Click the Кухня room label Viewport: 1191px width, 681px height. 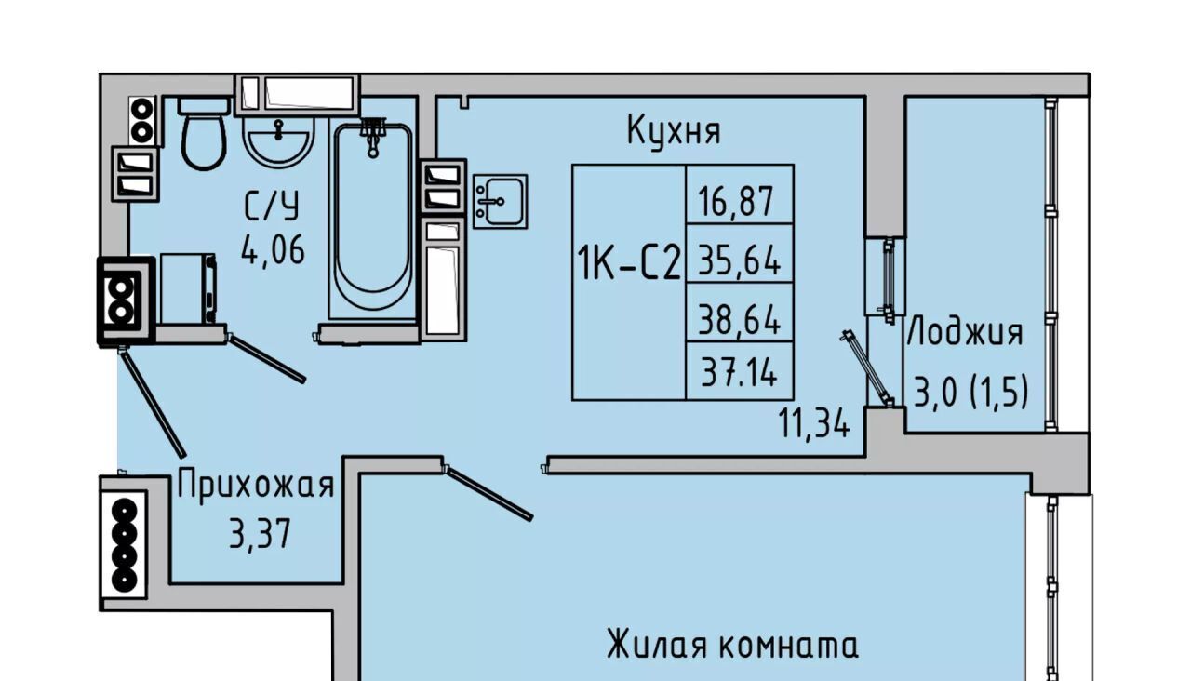coord(674,130)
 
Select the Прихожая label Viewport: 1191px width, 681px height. coord(255,486)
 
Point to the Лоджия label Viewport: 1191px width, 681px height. coord(965,332)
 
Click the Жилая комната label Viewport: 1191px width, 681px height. coord(732,645)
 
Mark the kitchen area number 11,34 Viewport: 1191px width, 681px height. coord(815,424)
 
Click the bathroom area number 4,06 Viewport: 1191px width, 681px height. coord(273,249)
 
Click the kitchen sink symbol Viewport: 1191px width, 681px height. coord(500,201)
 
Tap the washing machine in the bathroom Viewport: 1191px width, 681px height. coord(187,289)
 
